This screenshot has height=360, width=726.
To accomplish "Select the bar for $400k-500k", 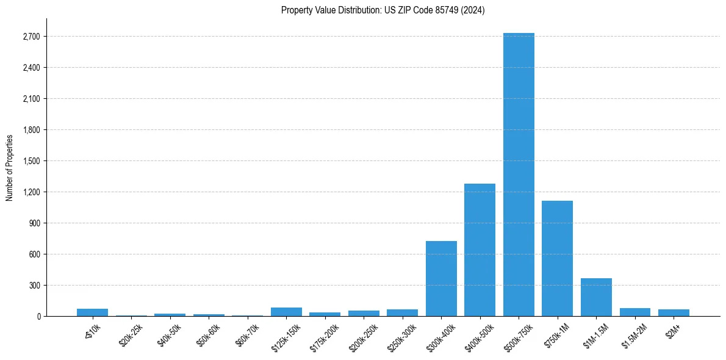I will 480,250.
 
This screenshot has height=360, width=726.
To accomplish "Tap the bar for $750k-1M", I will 557,259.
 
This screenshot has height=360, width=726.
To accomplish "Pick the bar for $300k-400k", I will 441,279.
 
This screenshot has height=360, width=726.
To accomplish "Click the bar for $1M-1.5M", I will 596,297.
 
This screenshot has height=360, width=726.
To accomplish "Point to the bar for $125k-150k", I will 286,312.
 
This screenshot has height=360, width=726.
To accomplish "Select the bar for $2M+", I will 674,313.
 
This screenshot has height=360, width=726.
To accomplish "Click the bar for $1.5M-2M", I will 634,312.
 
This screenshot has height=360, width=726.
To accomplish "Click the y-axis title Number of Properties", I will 10,167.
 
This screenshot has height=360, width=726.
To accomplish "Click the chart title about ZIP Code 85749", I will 383,10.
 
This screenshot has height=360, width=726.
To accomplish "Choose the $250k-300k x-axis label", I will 402,334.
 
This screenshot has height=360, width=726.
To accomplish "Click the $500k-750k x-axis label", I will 518,334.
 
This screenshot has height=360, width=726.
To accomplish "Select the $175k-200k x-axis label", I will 325,334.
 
